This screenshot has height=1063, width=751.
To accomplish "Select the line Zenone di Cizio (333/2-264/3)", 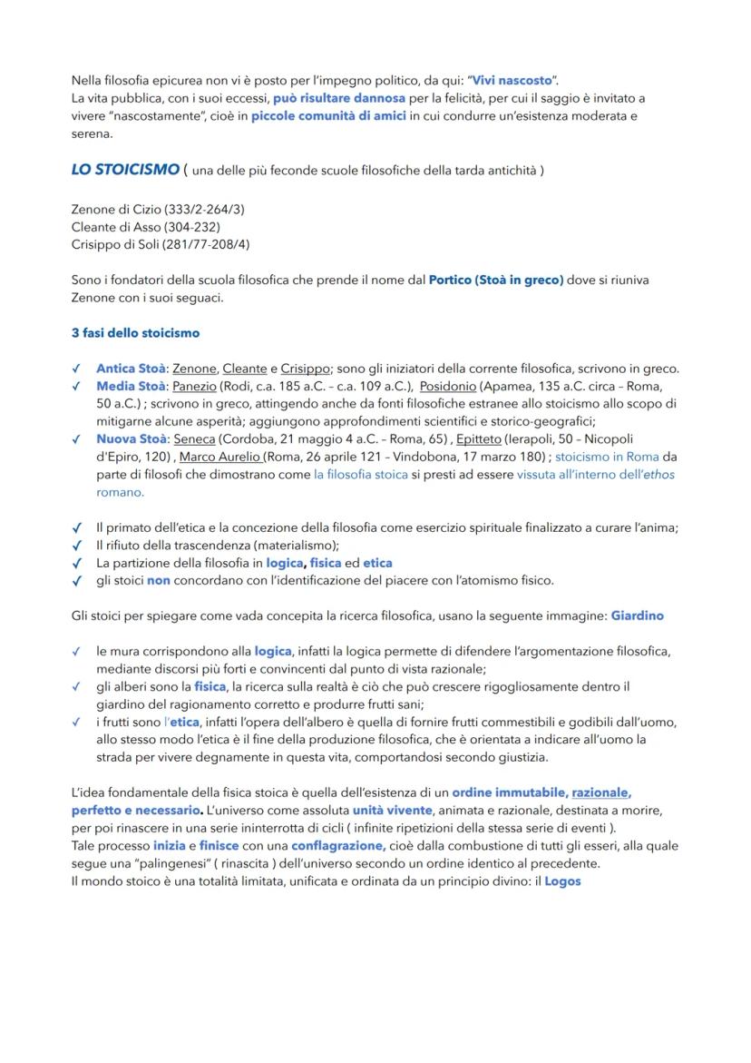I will tap(158, 210).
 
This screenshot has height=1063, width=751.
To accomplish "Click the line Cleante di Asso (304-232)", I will tap(145, 227).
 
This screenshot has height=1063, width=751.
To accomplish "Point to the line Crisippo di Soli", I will tap(161, 244).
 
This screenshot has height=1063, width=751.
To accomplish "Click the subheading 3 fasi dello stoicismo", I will tap(135, 333).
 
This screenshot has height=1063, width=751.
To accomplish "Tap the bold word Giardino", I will tap(637, 615).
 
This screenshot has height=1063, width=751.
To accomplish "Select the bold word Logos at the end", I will tap(562, 881).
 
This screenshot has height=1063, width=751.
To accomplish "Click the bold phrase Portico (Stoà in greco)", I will tap(495, 280).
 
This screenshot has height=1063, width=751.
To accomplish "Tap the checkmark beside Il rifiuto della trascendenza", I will tap(76, 546).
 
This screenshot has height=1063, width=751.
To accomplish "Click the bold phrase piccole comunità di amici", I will tap(328, 116).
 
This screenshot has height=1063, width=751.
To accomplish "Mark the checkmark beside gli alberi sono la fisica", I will tap(76, 687).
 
